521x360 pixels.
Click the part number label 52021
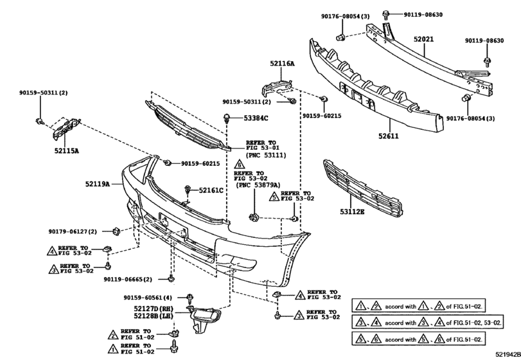(x=423, y=40)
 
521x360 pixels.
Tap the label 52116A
(x=281, y=64)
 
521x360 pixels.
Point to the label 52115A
(x=66, y=152)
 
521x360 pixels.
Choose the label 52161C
(x=209, y=190)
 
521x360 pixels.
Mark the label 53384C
(x=255, y=118)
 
